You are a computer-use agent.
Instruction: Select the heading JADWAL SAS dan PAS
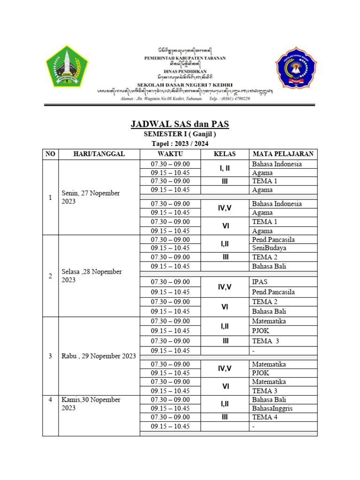click(180, 125)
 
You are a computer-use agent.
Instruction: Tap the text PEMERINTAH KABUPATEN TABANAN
click(185, 58)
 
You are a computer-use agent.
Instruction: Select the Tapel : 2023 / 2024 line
click(180, 144)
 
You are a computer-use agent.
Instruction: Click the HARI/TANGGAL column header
click(98, 154)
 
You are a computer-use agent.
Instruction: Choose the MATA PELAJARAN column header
click(283, 154)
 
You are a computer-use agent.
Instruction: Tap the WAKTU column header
click(170, 154)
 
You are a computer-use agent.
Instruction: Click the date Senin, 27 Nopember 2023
click(91, 197)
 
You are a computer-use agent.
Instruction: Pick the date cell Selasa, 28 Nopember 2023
click(92, 276)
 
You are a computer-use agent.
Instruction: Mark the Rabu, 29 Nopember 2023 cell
click(99, 356)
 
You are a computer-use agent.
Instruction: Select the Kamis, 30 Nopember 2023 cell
click(91, 404)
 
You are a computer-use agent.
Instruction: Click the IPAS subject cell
click(261, 282)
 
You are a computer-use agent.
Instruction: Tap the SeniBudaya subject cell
click(269, 248)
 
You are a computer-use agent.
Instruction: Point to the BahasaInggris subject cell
click(272, 408)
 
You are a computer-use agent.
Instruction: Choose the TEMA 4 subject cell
click(265, 417)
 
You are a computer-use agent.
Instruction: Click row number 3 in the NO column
click(50, 356)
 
